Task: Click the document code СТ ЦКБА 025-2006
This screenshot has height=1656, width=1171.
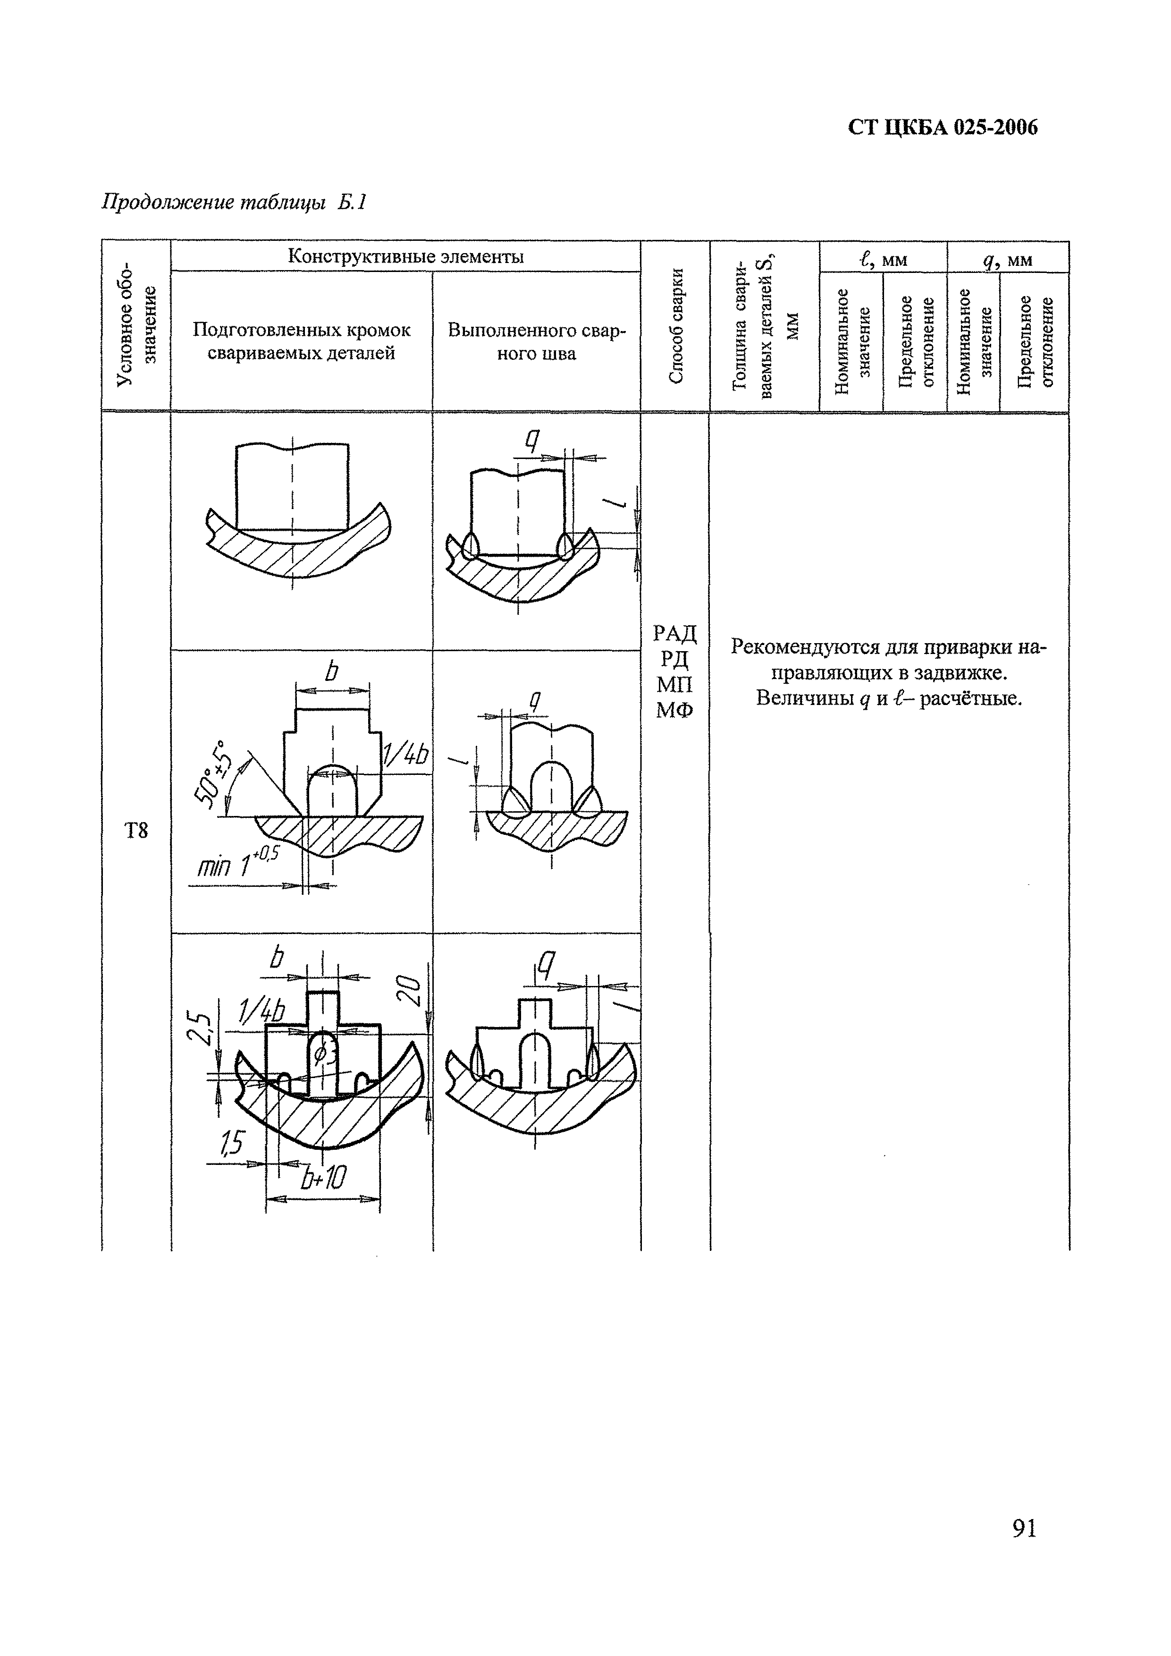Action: coord(943,127)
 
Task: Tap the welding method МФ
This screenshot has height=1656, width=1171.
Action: coord(675,711)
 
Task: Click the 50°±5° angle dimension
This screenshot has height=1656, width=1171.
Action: coord(210,774)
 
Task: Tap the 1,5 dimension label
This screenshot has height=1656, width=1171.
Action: coord(232,1142)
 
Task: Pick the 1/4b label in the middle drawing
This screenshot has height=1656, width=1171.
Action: coord(405,755)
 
